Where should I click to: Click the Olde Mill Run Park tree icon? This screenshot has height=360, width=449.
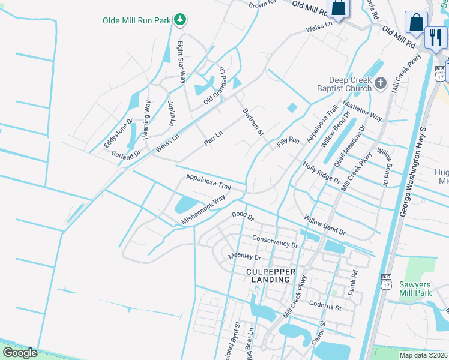click(179, 20)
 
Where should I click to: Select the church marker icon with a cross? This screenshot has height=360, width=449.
click(380, 83)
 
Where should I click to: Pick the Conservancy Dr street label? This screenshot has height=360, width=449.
click(275, 241)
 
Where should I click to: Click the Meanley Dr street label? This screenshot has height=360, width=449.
click(244, 257)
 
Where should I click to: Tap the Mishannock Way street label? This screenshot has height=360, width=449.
click(203, 210)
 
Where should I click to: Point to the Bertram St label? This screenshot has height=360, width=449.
click(253, 121)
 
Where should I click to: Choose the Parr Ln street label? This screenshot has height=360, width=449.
click(213, 137)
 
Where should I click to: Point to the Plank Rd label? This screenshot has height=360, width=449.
click(354, 282)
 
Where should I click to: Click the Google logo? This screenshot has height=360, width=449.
click(20, 353)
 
